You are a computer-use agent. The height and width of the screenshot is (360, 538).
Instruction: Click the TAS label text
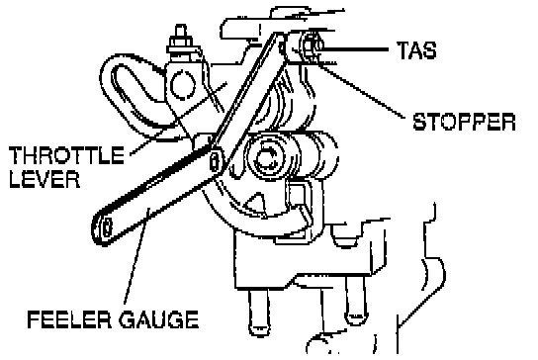pyautogui.click(x=416, y=50)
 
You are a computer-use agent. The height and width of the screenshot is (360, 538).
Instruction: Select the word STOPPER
pyautogui.click(x=464, y=122)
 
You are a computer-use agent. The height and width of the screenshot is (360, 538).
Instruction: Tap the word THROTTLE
pyautogui.click(x=66, y=155)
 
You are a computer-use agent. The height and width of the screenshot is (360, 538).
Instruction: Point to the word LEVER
pyautogui.click(x=45, y=178)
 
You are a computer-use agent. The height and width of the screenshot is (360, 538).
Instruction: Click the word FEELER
pyautogui.click(x=69, y=319)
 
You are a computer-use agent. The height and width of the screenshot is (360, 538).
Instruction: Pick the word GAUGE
pyautogui.click(x=158, y=319)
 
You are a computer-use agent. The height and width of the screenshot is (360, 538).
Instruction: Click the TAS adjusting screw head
pyautogui.click(x=312, y=45)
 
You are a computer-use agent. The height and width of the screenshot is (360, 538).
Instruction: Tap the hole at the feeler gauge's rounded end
pyautogui.click(x=108, y=227)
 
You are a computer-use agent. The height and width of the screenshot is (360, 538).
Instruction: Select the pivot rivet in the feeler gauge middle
pyautogui.click(x=214, y=160)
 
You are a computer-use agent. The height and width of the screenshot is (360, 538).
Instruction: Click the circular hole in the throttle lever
pyautogui.click(x=183, y=85)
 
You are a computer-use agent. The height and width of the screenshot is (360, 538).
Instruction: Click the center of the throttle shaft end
pyautogui.click(x=267, y=158)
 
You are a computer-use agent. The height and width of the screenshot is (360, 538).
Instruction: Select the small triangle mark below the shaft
pyautogui.click(x=255, y=206)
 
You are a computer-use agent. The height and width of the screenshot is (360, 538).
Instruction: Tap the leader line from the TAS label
pyautogui.click(x=353, y=50)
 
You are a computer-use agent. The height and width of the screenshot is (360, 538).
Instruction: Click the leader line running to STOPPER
pyautogui.click(x=360, y=90)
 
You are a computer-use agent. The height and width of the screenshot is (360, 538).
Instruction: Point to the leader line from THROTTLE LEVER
pyautogui.click(x=178, y=119)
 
